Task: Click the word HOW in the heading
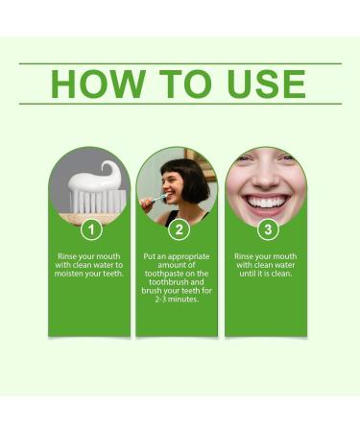(90, 84)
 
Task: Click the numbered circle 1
(89, 229)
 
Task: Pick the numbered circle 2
(178, 229)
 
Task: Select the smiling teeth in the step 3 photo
(266, 201)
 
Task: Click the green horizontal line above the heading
(180, 63)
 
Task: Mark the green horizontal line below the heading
(180, 104)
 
